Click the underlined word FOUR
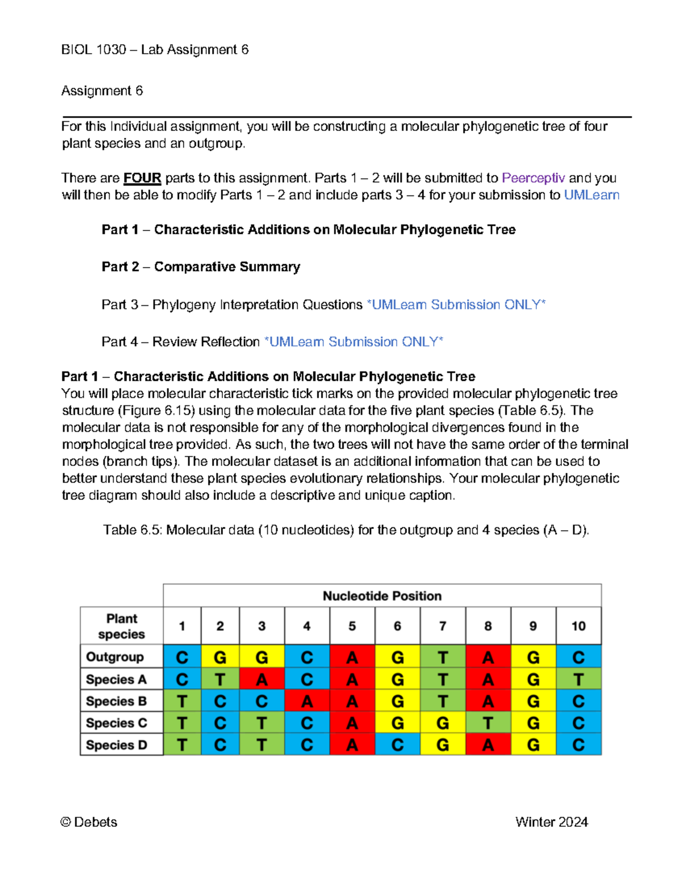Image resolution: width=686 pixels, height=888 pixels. [142, 178]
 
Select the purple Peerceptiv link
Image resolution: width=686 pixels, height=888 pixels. [533, 178]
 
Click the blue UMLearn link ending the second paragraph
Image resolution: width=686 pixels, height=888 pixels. [592, 195]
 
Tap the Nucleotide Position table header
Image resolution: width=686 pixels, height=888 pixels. [382, 596]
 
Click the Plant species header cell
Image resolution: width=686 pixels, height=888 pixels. [122, 626]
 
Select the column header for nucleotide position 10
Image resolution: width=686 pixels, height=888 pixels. [579, 626]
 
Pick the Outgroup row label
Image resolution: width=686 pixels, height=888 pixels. [115, 657]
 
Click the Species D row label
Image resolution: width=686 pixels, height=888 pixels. [117, 745]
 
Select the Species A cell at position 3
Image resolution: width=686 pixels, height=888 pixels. [262, 679]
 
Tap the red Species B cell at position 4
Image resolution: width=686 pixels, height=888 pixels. [307, 701]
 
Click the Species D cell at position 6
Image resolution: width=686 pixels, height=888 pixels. [397, 745]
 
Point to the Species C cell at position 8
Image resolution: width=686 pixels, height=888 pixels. [488, 723]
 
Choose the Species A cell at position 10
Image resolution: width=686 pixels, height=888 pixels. [579, 679]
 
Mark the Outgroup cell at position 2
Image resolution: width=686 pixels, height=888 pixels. [220, 657]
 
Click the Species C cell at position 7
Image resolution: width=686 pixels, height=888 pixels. [442, 723]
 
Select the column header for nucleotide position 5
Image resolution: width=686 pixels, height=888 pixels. [352, 626]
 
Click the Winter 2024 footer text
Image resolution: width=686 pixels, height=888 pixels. [551, 822]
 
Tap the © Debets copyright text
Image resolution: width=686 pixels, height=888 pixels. [89, 822]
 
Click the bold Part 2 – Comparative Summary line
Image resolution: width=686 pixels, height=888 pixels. [201, 267]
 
